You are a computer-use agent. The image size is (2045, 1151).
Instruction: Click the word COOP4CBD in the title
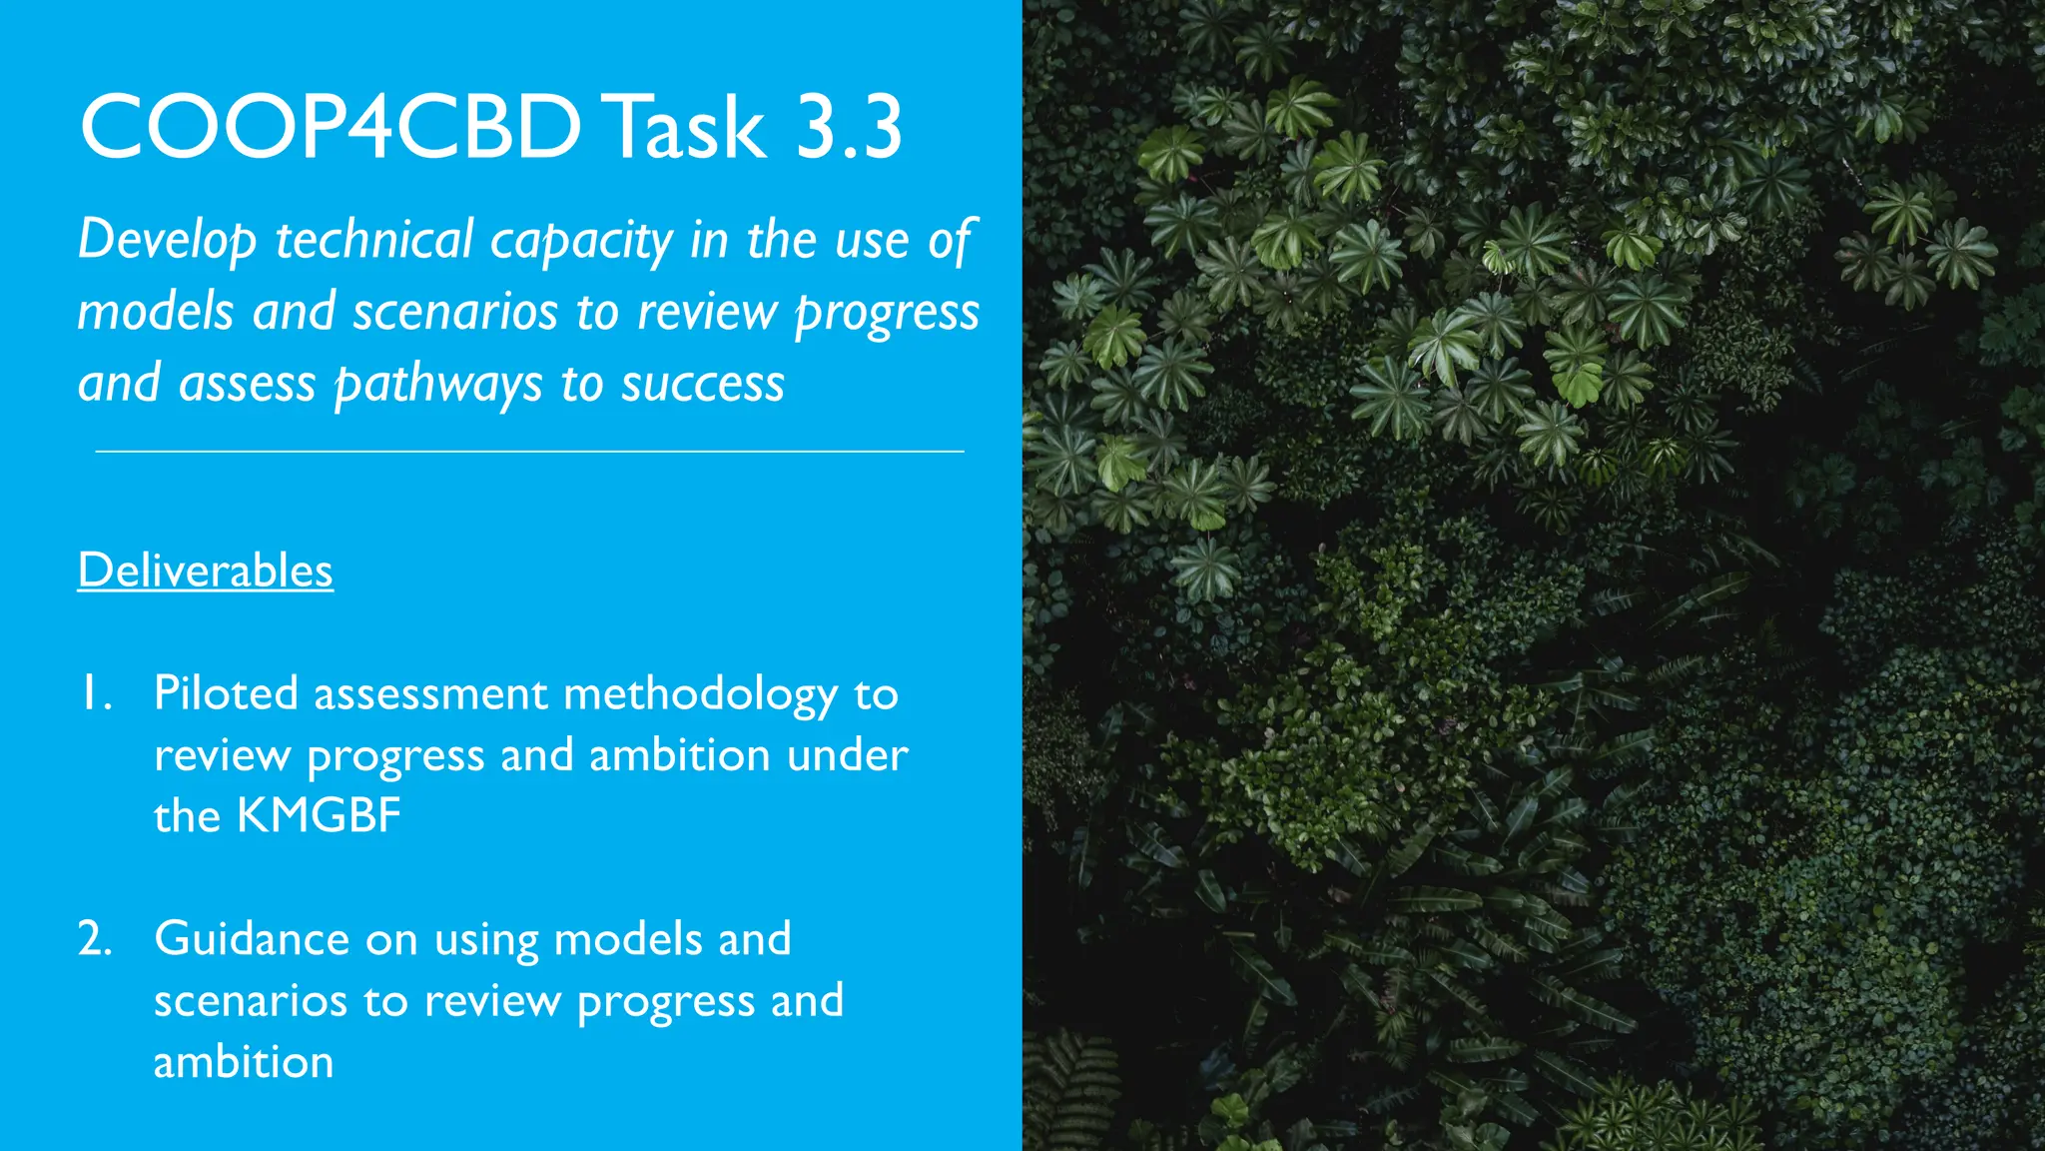click(x=330, y=127)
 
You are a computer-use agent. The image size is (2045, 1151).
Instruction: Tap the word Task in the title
click(x=689, y=127)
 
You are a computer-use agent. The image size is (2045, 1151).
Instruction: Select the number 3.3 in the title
click(x=849, y=127)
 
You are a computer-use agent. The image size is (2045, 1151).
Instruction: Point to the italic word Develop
click(x=167, y=241)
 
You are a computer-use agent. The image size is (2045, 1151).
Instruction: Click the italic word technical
click(x=373, y=241)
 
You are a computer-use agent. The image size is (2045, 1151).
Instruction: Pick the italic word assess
click(x=247, y=385)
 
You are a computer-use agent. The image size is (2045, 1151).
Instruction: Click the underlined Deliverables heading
click(x=206, y=571)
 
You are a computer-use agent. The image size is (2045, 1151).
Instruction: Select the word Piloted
click(x=226, y=693)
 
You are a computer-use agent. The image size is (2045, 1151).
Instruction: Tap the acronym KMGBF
click(x=319, y=815)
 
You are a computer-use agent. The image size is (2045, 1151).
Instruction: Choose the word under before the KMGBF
click(x=847, y=755)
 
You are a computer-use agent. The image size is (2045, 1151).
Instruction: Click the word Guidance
click(x=252, y=939)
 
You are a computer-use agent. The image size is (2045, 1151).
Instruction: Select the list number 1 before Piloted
click(x=95, y=694)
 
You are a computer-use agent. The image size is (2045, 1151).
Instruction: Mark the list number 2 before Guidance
click(x=95, y=939)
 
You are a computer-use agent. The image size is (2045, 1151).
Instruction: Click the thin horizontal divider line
click(x=529, y=452)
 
